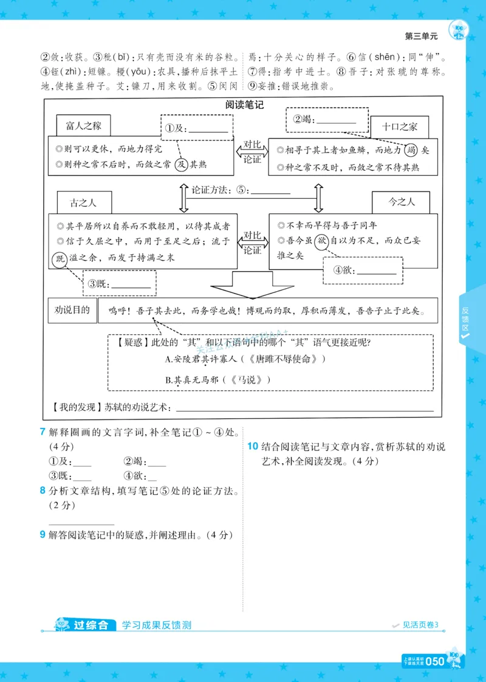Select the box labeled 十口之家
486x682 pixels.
point(399,126)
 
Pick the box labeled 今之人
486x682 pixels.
point(401,202)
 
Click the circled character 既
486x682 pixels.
point(60,258)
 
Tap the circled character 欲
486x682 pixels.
point(321,241)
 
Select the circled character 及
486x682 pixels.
point(181,164)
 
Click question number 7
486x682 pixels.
point(42,432)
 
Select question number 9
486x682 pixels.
point(42,535)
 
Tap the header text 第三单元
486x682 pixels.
point(421,36)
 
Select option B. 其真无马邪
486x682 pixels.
point(217,380)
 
